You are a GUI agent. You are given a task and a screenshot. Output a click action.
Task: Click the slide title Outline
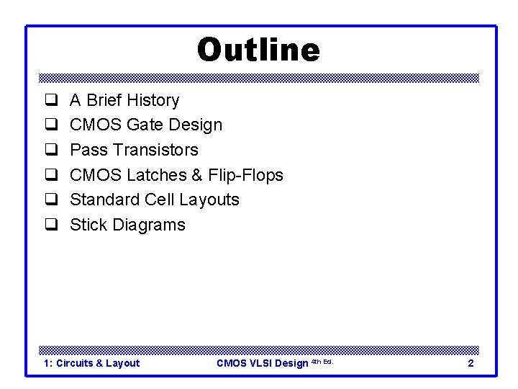point(258,50)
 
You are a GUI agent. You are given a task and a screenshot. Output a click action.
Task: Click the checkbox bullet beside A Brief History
point(51,101)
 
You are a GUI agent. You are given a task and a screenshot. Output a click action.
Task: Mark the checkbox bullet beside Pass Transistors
point(51,151)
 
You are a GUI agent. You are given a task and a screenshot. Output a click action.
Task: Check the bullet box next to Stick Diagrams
point(51,225)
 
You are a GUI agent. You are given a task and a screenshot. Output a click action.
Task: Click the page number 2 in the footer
point(471,363)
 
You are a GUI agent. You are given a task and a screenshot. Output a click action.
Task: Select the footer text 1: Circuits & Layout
point(91,363)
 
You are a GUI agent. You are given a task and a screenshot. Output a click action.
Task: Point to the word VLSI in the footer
point(262,363)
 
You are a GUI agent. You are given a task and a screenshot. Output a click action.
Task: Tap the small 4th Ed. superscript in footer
point(322,362)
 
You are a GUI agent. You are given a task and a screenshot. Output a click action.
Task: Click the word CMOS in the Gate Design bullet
point(96,125)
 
